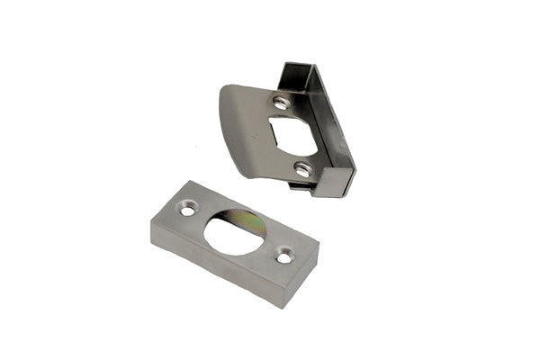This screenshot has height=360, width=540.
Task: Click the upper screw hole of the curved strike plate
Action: coord(281,103)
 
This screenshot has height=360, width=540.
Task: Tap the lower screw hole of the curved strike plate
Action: coord(302,168)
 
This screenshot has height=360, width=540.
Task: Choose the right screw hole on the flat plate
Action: coord(283,258)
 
